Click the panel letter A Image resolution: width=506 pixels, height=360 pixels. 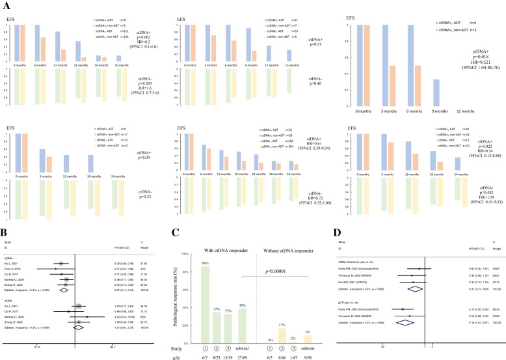[x=7, y=5]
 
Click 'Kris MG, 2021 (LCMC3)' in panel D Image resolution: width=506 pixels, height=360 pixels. [x=381, y=264]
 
